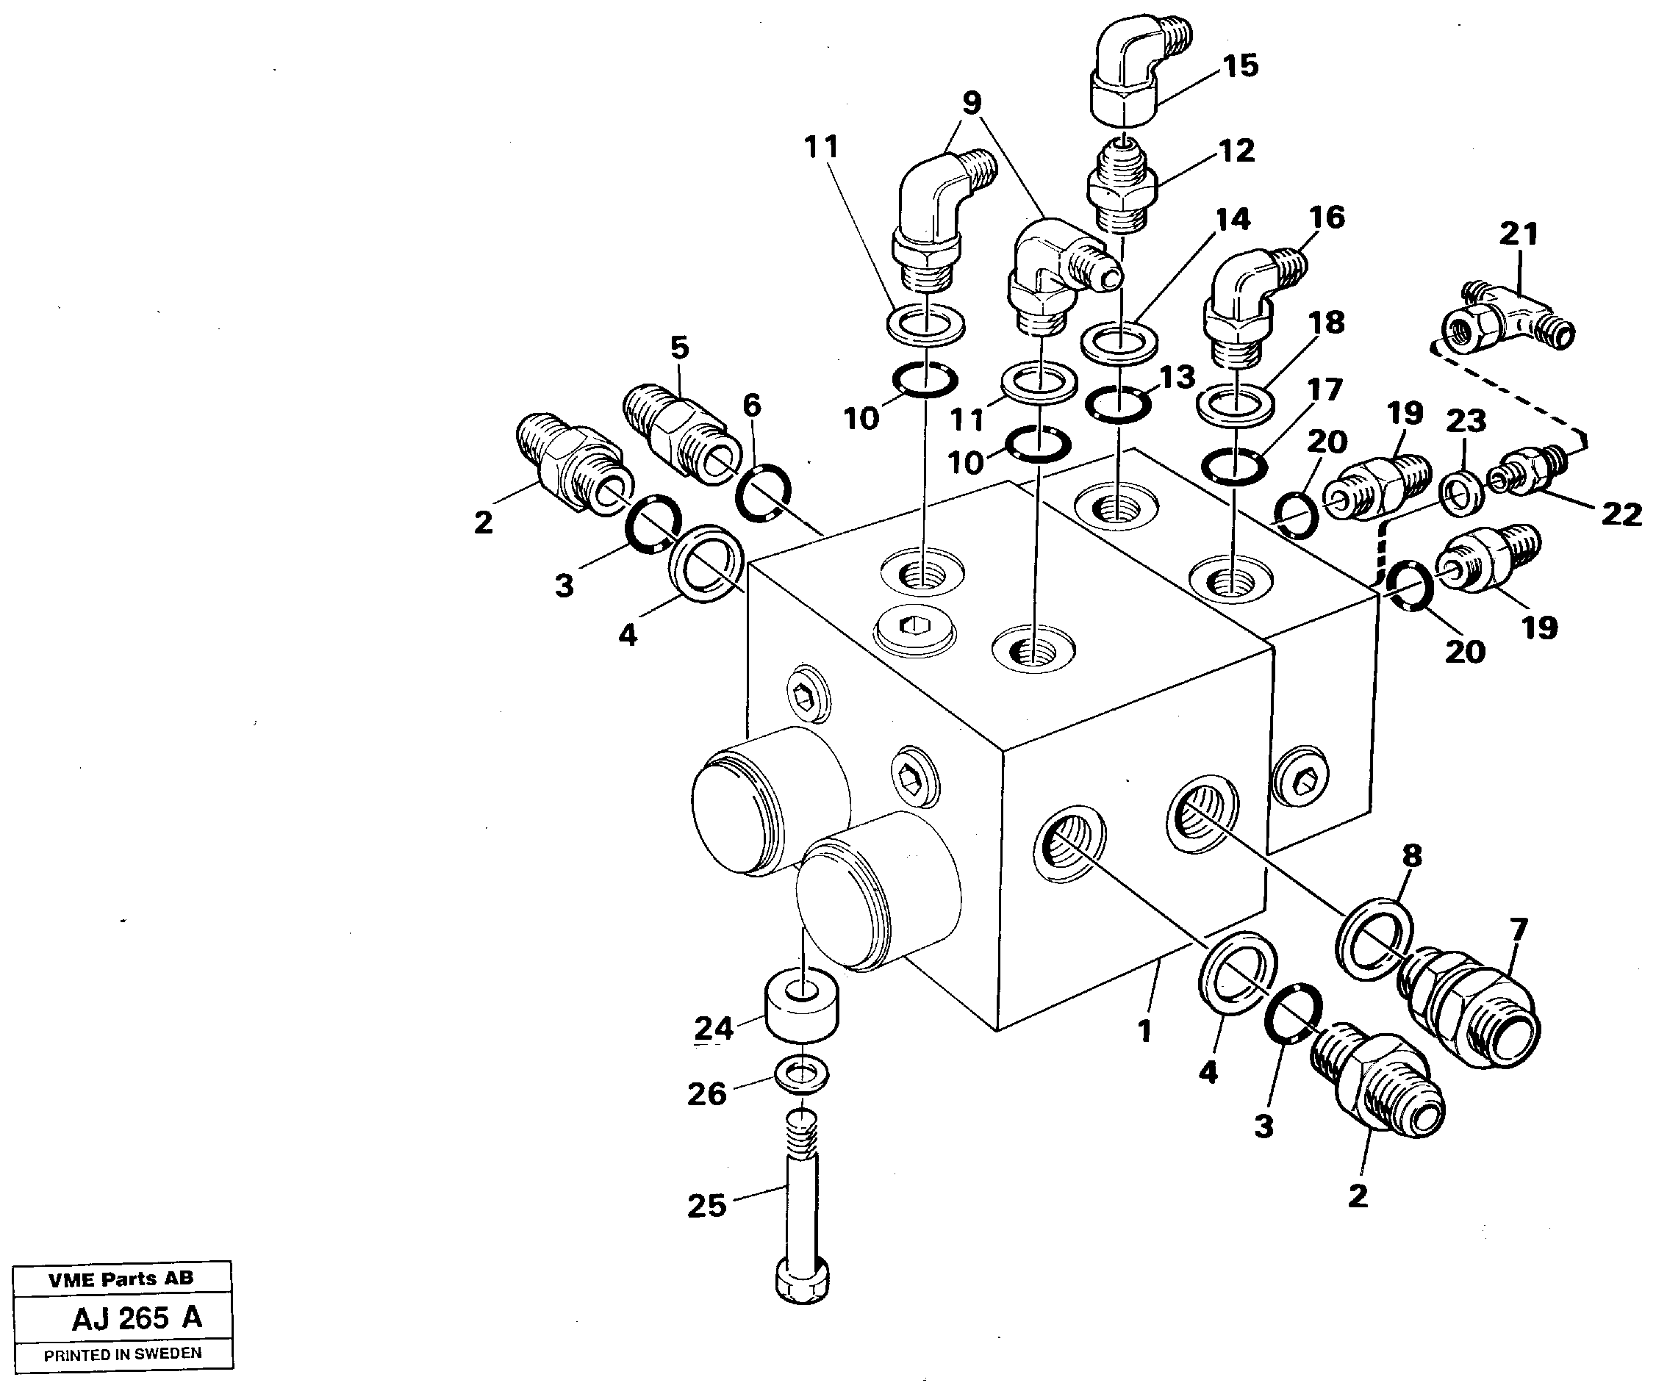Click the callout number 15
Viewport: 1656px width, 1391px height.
1241,65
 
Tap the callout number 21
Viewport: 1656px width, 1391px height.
1519,234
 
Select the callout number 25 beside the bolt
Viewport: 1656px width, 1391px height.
706,1206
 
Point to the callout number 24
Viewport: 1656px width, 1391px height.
714,1028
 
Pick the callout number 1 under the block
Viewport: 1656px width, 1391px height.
1145,1031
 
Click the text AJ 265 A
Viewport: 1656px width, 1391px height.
136,1318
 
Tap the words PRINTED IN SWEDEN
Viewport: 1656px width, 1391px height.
122,1355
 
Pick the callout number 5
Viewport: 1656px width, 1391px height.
679,348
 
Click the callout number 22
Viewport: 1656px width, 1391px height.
1621,514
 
